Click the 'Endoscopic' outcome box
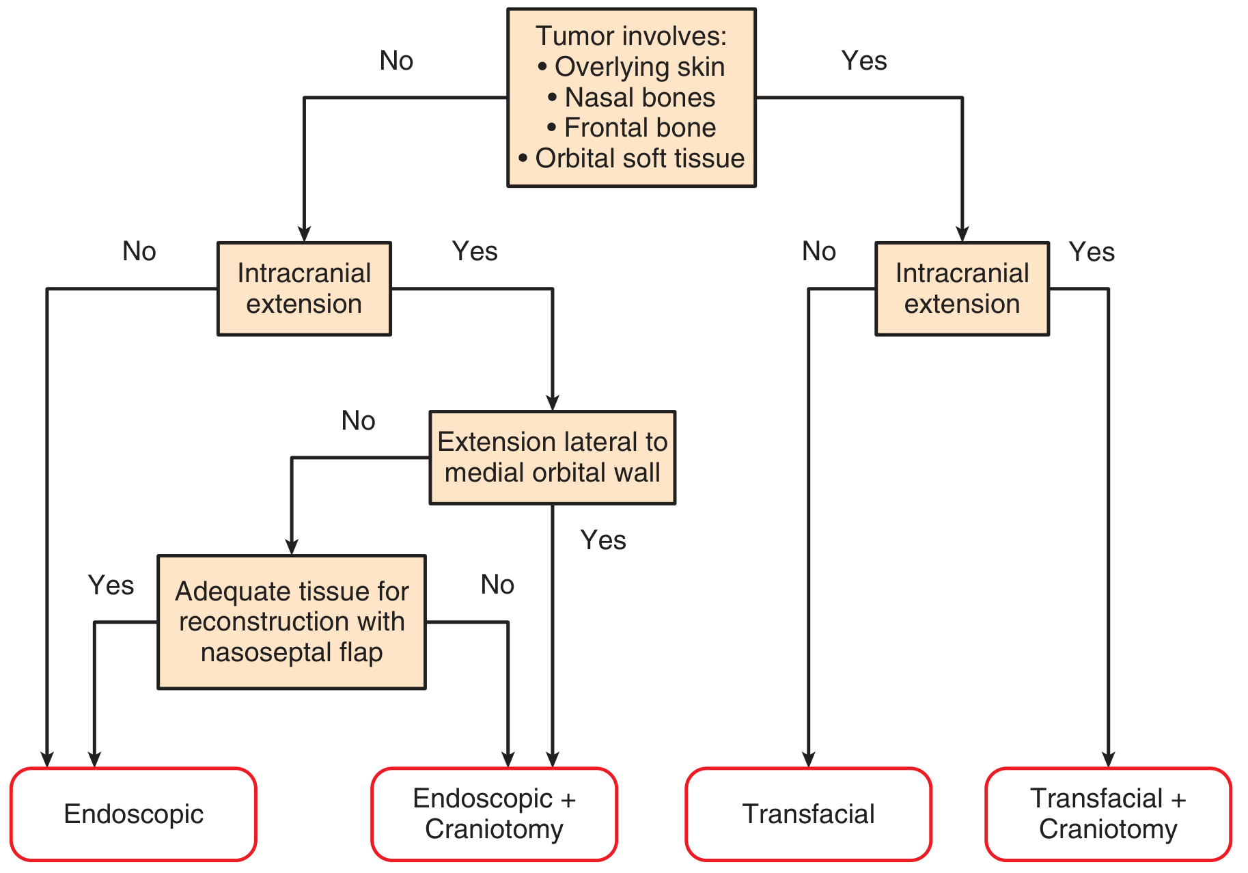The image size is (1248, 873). tap(133, 814)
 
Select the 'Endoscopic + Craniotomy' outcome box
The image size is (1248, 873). tap(494, 814)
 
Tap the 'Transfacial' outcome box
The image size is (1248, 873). tap(808, 814)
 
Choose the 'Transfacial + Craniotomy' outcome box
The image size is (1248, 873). tap(1108, 814)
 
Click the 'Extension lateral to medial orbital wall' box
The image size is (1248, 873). tap(553, 458)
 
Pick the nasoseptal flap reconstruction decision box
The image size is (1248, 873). tap(292, 622)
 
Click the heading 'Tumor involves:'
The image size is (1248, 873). tap(631, 36)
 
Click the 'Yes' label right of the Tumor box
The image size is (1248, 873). tap(864, 61)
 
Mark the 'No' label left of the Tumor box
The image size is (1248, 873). tap(396, 61)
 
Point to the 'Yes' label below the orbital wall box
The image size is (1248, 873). tap(603, 540)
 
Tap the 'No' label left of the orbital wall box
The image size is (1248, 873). tap(358, 421)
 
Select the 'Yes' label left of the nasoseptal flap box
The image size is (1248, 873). tap(111, 585)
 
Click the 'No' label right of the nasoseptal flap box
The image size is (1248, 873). tap(497, 585)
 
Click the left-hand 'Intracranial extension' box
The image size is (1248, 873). tap(304, 289)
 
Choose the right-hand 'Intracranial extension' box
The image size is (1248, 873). tap(962, 289)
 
